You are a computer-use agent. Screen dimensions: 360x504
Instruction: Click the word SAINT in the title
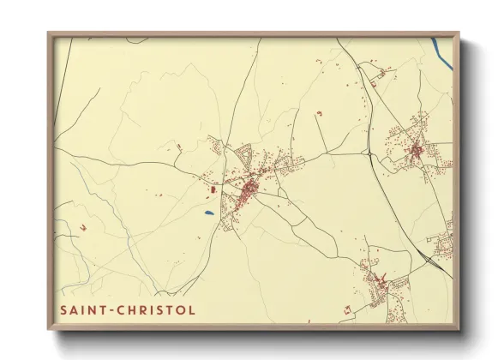(81, 309)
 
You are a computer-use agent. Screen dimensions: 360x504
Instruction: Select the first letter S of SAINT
(63, 309)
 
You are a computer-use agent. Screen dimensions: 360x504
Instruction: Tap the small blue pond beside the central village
(208, 213)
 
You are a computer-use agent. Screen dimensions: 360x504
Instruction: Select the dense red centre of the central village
(249, 186)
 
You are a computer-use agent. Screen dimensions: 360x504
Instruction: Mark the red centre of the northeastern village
(416, 151)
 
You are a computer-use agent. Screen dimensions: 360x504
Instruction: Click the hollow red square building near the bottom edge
(347, 307)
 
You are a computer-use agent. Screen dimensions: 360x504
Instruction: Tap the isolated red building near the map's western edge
(83, 227)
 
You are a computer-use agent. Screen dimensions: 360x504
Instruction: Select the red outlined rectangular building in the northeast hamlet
(375, 75)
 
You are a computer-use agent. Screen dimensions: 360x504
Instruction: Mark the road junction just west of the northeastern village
(369, 155)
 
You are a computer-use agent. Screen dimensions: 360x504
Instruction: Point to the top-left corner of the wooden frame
(49, 33)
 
